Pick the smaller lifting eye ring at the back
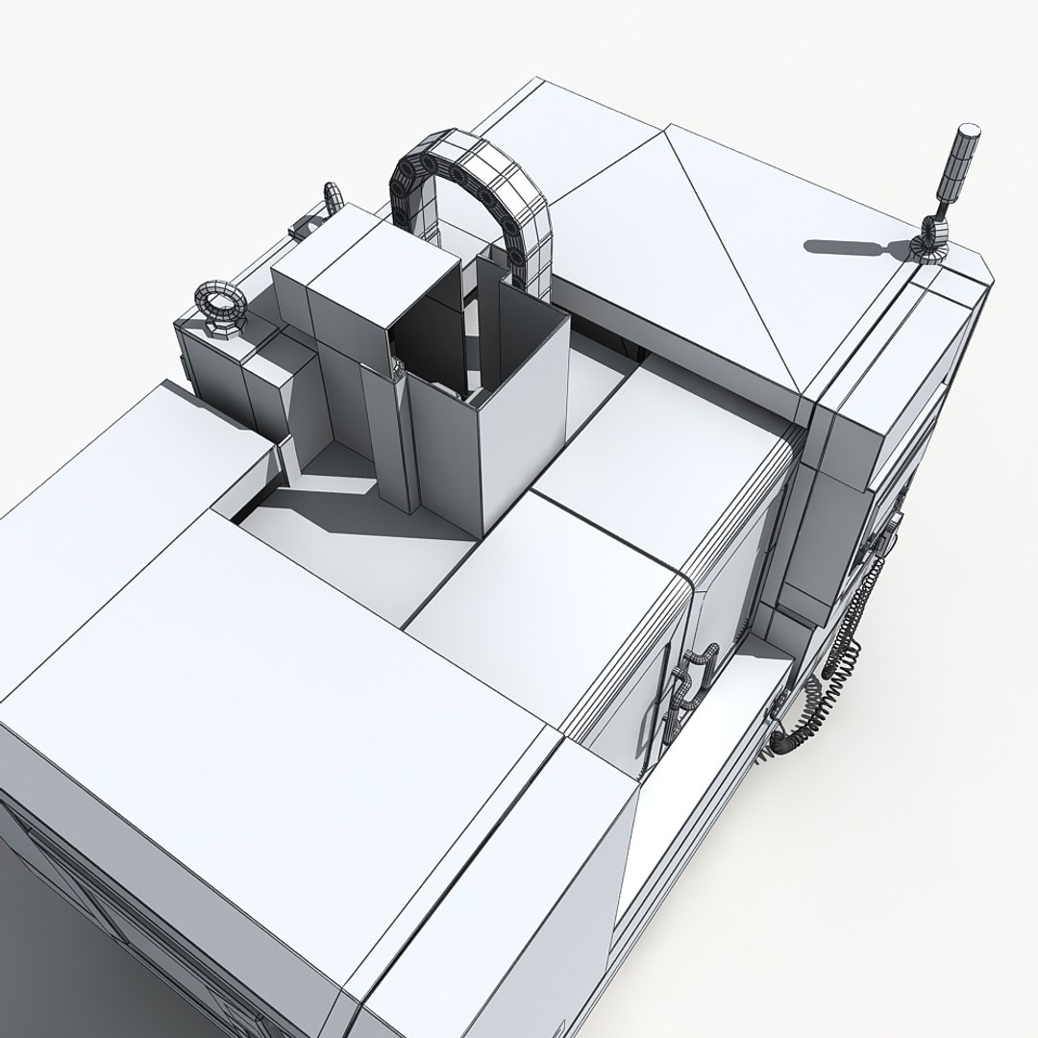coord(333,197)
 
